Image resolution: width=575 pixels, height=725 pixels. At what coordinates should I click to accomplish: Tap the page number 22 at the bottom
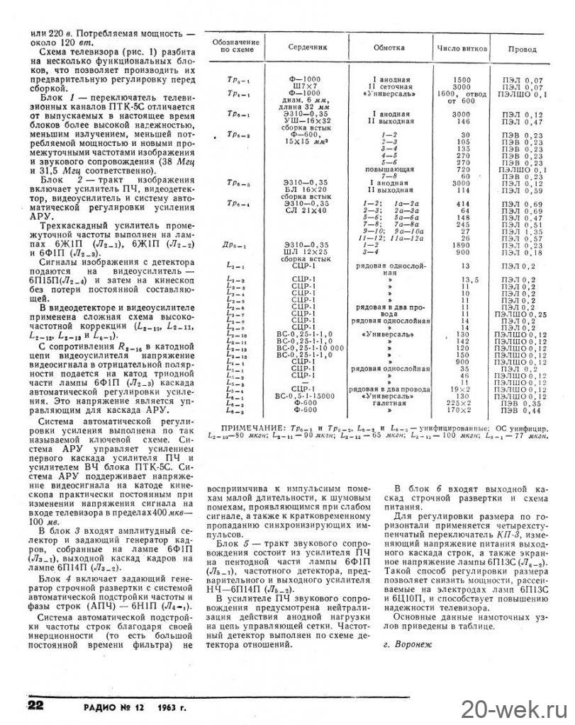coord(37,705)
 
